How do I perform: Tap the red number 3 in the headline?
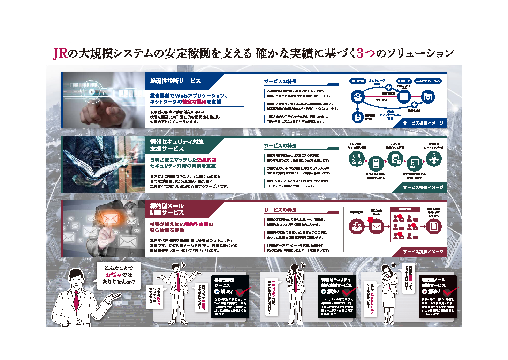pos(360,53)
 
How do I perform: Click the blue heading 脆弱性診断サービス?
pos(175,81)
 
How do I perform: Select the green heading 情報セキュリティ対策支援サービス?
pos(177,145)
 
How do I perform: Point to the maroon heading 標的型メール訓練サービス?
pos(167,209)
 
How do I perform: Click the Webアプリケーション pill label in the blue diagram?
pos(428,81)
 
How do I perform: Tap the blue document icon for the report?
pos(357,117)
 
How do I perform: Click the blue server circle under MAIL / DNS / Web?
pos(404,96)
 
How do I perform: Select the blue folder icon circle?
pos(427,97)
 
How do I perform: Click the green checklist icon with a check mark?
pos(395,159)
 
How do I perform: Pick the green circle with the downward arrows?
pos(434,159)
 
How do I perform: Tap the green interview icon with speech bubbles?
pos(356,159)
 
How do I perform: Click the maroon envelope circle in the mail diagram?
pos(376,226)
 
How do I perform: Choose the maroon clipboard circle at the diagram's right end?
pos(434,226)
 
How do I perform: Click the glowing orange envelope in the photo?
pos(110,219)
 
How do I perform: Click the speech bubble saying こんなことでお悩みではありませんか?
pos(119,275)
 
